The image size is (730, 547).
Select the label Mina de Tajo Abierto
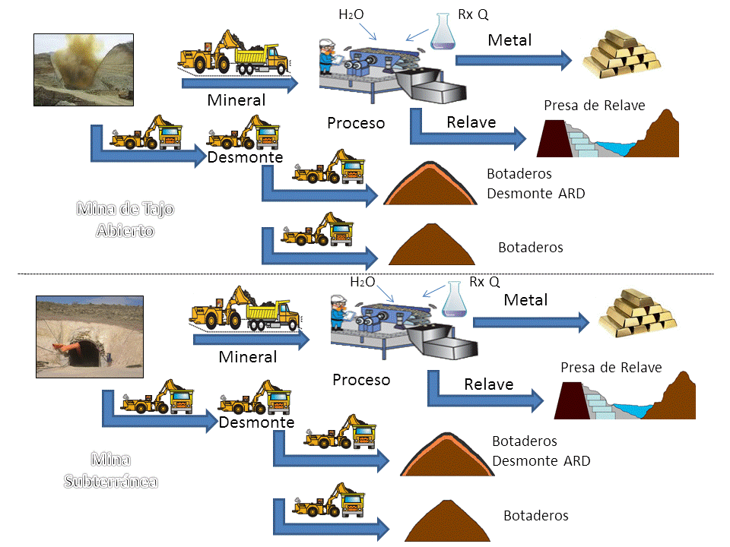tap(125, 219)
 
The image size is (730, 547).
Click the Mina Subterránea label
tap(111, 470)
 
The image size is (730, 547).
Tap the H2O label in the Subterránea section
tap(363, 282)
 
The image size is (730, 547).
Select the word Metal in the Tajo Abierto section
tap(510, 40)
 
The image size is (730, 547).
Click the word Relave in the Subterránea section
tap(489, 384)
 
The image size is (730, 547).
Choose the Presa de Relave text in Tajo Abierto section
tap(595, 106)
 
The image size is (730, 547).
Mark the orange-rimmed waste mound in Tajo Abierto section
tap(433, 186)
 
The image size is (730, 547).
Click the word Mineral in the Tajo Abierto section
tap(236, 100)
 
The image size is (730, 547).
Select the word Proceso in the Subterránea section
tap(361, 379)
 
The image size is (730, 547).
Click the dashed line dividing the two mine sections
tap(365, 273)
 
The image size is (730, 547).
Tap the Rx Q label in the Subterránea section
tap(484, 282)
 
